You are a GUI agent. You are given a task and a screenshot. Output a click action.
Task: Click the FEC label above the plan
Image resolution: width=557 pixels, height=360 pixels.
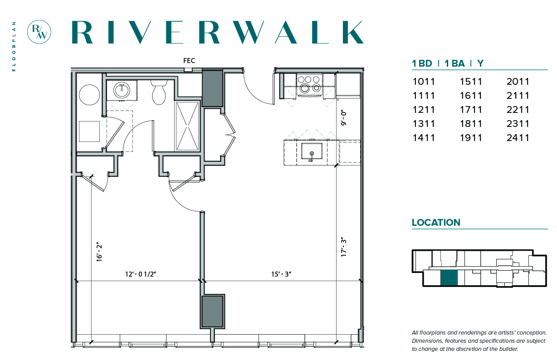189,61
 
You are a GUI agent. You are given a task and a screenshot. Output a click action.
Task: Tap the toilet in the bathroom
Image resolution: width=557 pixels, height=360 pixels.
159,92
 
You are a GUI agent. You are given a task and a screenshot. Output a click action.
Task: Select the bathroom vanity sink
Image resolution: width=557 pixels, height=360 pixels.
122,90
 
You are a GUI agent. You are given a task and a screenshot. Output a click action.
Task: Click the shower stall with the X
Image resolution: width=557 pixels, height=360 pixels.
187,126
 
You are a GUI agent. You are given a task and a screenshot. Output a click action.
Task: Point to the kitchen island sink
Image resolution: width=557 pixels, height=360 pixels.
312,151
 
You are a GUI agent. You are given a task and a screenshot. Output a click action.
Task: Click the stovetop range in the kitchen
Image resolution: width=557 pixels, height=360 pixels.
309,85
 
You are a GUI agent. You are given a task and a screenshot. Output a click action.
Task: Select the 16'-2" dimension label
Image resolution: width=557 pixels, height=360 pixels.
99,253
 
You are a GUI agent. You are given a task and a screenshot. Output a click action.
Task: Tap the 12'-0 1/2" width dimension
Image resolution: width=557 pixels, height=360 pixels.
141,274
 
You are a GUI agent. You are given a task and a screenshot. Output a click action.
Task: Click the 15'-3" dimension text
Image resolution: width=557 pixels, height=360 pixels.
281,274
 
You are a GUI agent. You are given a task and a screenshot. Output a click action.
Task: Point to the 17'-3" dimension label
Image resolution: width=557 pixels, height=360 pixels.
344,247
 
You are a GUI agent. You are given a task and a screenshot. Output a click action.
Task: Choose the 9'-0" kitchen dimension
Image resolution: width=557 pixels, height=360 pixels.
344,118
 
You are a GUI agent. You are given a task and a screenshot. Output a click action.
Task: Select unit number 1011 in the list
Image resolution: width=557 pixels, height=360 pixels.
424,82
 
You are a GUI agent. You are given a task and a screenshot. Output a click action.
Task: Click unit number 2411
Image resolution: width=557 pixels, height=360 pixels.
518,138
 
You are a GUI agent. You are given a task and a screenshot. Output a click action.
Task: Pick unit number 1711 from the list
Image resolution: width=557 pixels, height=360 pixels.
471,110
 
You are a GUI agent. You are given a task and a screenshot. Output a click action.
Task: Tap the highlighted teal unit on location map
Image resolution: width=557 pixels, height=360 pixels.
449,277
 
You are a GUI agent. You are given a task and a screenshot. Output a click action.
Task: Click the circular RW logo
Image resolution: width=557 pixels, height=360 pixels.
39,32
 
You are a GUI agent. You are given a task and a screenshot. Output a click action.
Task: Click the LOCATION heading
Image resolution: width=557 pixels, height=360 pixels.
436,223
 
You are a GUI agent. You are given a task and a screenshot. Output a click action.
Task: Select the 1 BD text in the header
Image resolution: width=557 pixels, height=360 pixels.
422,63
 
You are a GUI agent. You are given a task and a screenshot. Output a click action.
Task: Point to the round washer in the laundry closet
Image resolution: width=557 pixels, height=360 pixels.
89,95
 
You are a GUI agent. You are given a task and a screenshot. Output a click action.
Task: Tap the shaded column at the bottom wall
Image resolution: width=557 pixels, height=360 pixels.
213,311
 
